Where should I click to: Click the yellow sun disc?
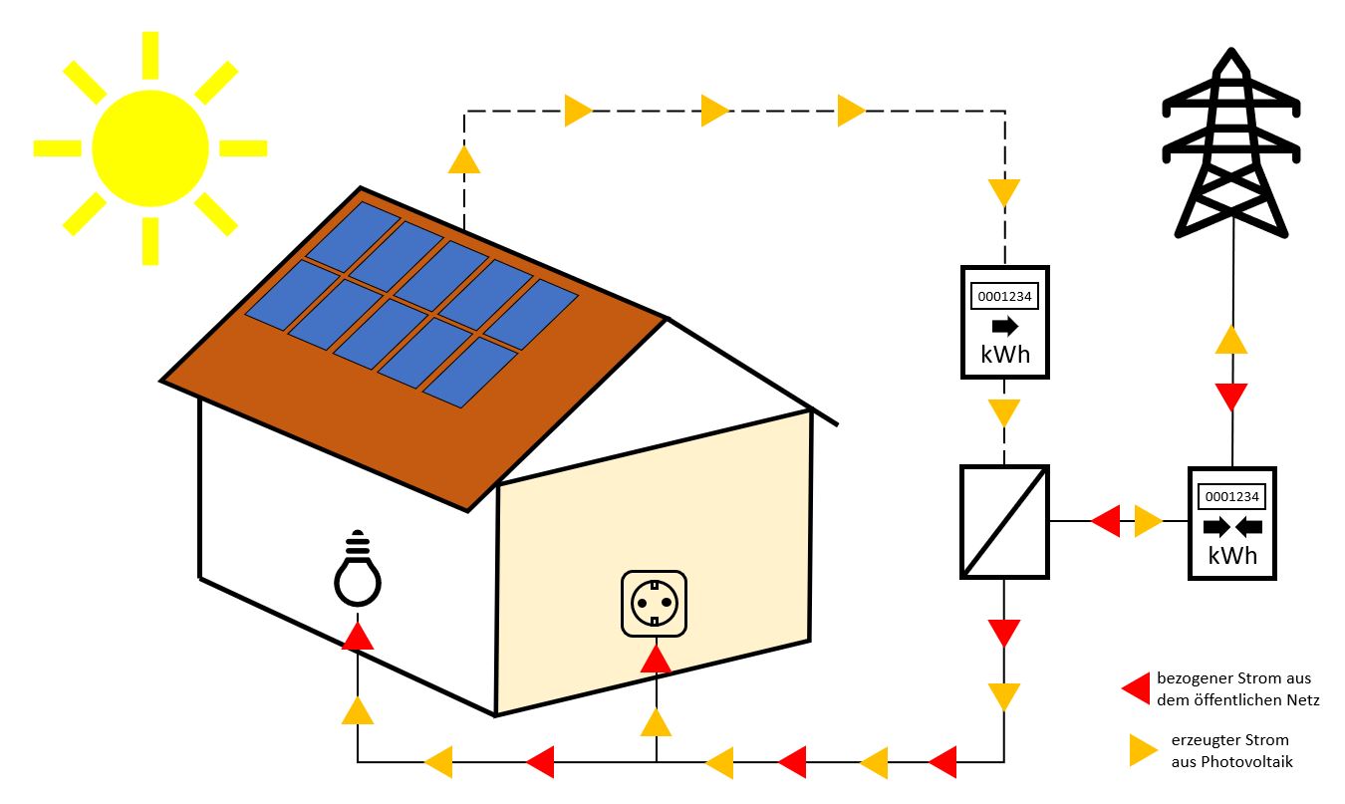click(x=150, y=147)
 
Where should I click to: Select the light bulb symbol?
click(x=358, y=573)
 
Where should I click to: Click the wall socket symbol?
click(x=655, y=603)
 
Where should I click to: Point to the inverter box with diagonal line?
click(x=1004, y=521)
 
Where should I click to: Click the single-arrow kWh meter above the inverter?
click(x=1004, y=322)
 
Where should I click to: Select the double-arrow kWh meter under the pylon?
click(x=1232, y=522)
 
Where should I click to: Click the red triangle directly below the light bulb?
click(x=358, y=636)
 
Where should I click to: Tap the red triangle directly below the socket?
click(x=656, y=659)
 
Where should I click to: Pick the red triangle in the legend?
click(x=1137, y=687)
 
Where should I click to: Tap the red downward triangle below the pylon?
click(x=1232, y=397)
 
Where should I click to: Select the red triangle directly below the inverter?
click(x=1004, y=632)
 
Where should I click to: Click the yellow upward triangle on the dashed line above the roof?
click(x=464, y=159)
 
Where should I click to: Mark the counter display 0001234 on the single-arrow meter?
click(x=1004, y=296)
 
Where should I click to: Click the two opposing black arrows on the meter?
click(x=1232, y=527)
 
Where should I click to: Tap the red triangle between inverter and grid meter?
click(x=1106, y=521)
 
